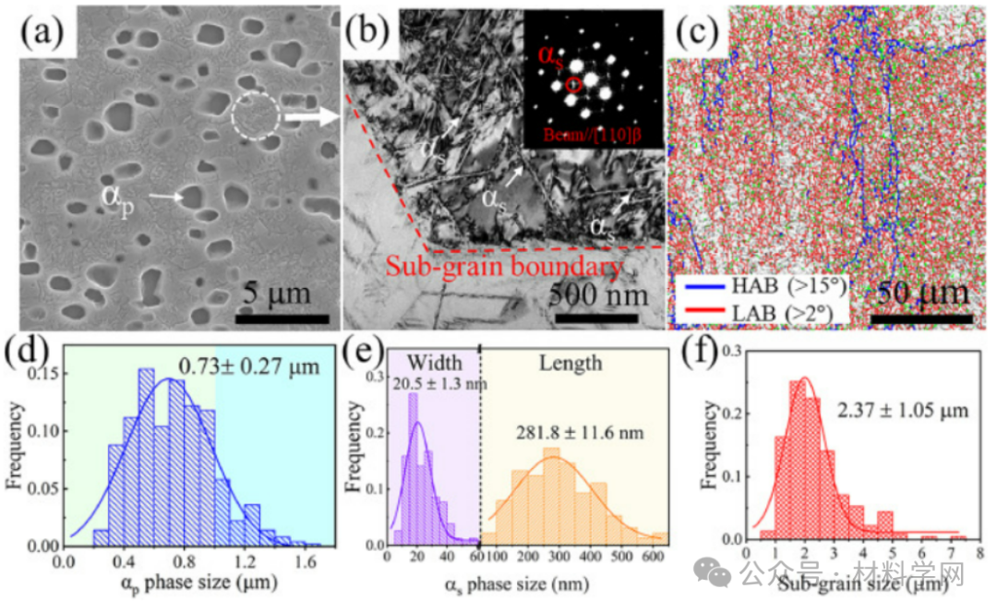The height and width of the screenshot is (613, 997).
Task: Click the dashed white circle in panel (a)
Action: coord(255,116)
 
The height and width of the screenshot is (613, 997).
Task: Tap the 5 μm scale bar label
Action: coord(276,295)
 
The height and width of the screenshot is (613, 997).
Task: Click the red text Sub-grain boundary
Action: coord(502,269)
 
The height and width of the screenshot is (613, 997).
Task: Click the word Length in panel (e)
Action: coord(572,363)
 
